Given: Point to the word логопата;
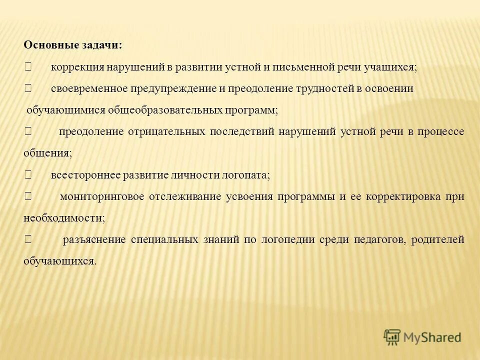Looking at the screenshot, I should coord(245,175).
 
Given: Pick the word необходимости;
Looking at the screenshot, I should coord(64,218).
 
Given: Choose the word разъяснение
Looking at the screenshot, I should coord(94,239).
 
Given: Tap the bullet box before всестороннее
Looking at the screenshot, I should coord(27,175).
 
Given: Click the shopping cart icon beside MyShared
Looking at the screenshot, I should coord(392,337).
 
